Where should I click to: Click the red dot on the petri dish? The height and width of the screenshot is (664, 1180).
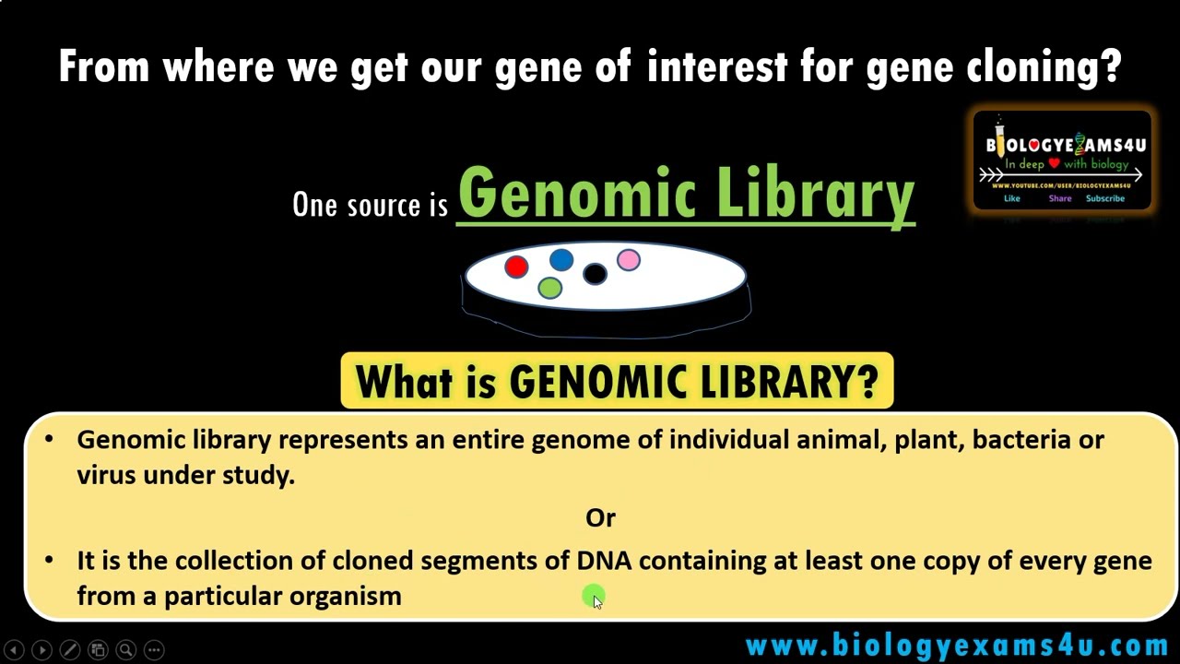point(516,267)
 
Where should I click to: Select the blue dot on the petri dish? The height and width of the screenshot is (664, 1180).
point(561,261)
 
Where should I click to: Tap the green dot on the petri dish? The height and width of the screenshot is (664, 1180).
point(550,289)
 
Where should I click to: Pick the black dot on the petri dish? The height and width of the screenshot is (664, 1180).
point(595,274)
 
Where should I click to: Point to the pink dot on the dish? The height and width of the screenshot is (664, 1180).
point(629,261)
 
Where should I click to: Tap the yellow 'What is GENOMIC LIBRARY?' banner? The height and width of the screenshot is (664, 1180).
point(617,381)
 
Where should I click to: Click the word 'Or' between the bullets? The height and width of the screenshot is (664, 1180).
point(600,518)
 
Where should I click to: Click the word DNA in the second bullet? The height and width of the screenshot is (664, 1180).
point(604,561)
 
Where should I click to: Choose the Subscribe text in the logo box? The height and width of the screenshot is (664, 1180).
point(1104,198)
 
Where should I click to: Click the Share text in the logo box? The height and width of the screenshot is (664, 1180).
point(1059,198)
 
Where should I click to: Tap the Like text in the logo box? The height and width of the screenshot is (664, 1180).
point(1011,198)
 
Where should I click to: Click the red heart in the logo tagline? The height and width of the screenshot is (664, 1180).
point(1054,164)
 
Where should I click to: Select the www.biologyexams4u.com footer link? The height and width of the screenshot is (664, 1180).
point(957,645)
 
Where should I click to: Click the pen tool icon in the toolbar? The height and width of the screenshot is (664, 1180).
point(70,649)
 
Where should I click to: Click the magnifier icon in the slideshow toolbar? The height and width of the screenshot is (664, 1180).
point(126,649)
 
